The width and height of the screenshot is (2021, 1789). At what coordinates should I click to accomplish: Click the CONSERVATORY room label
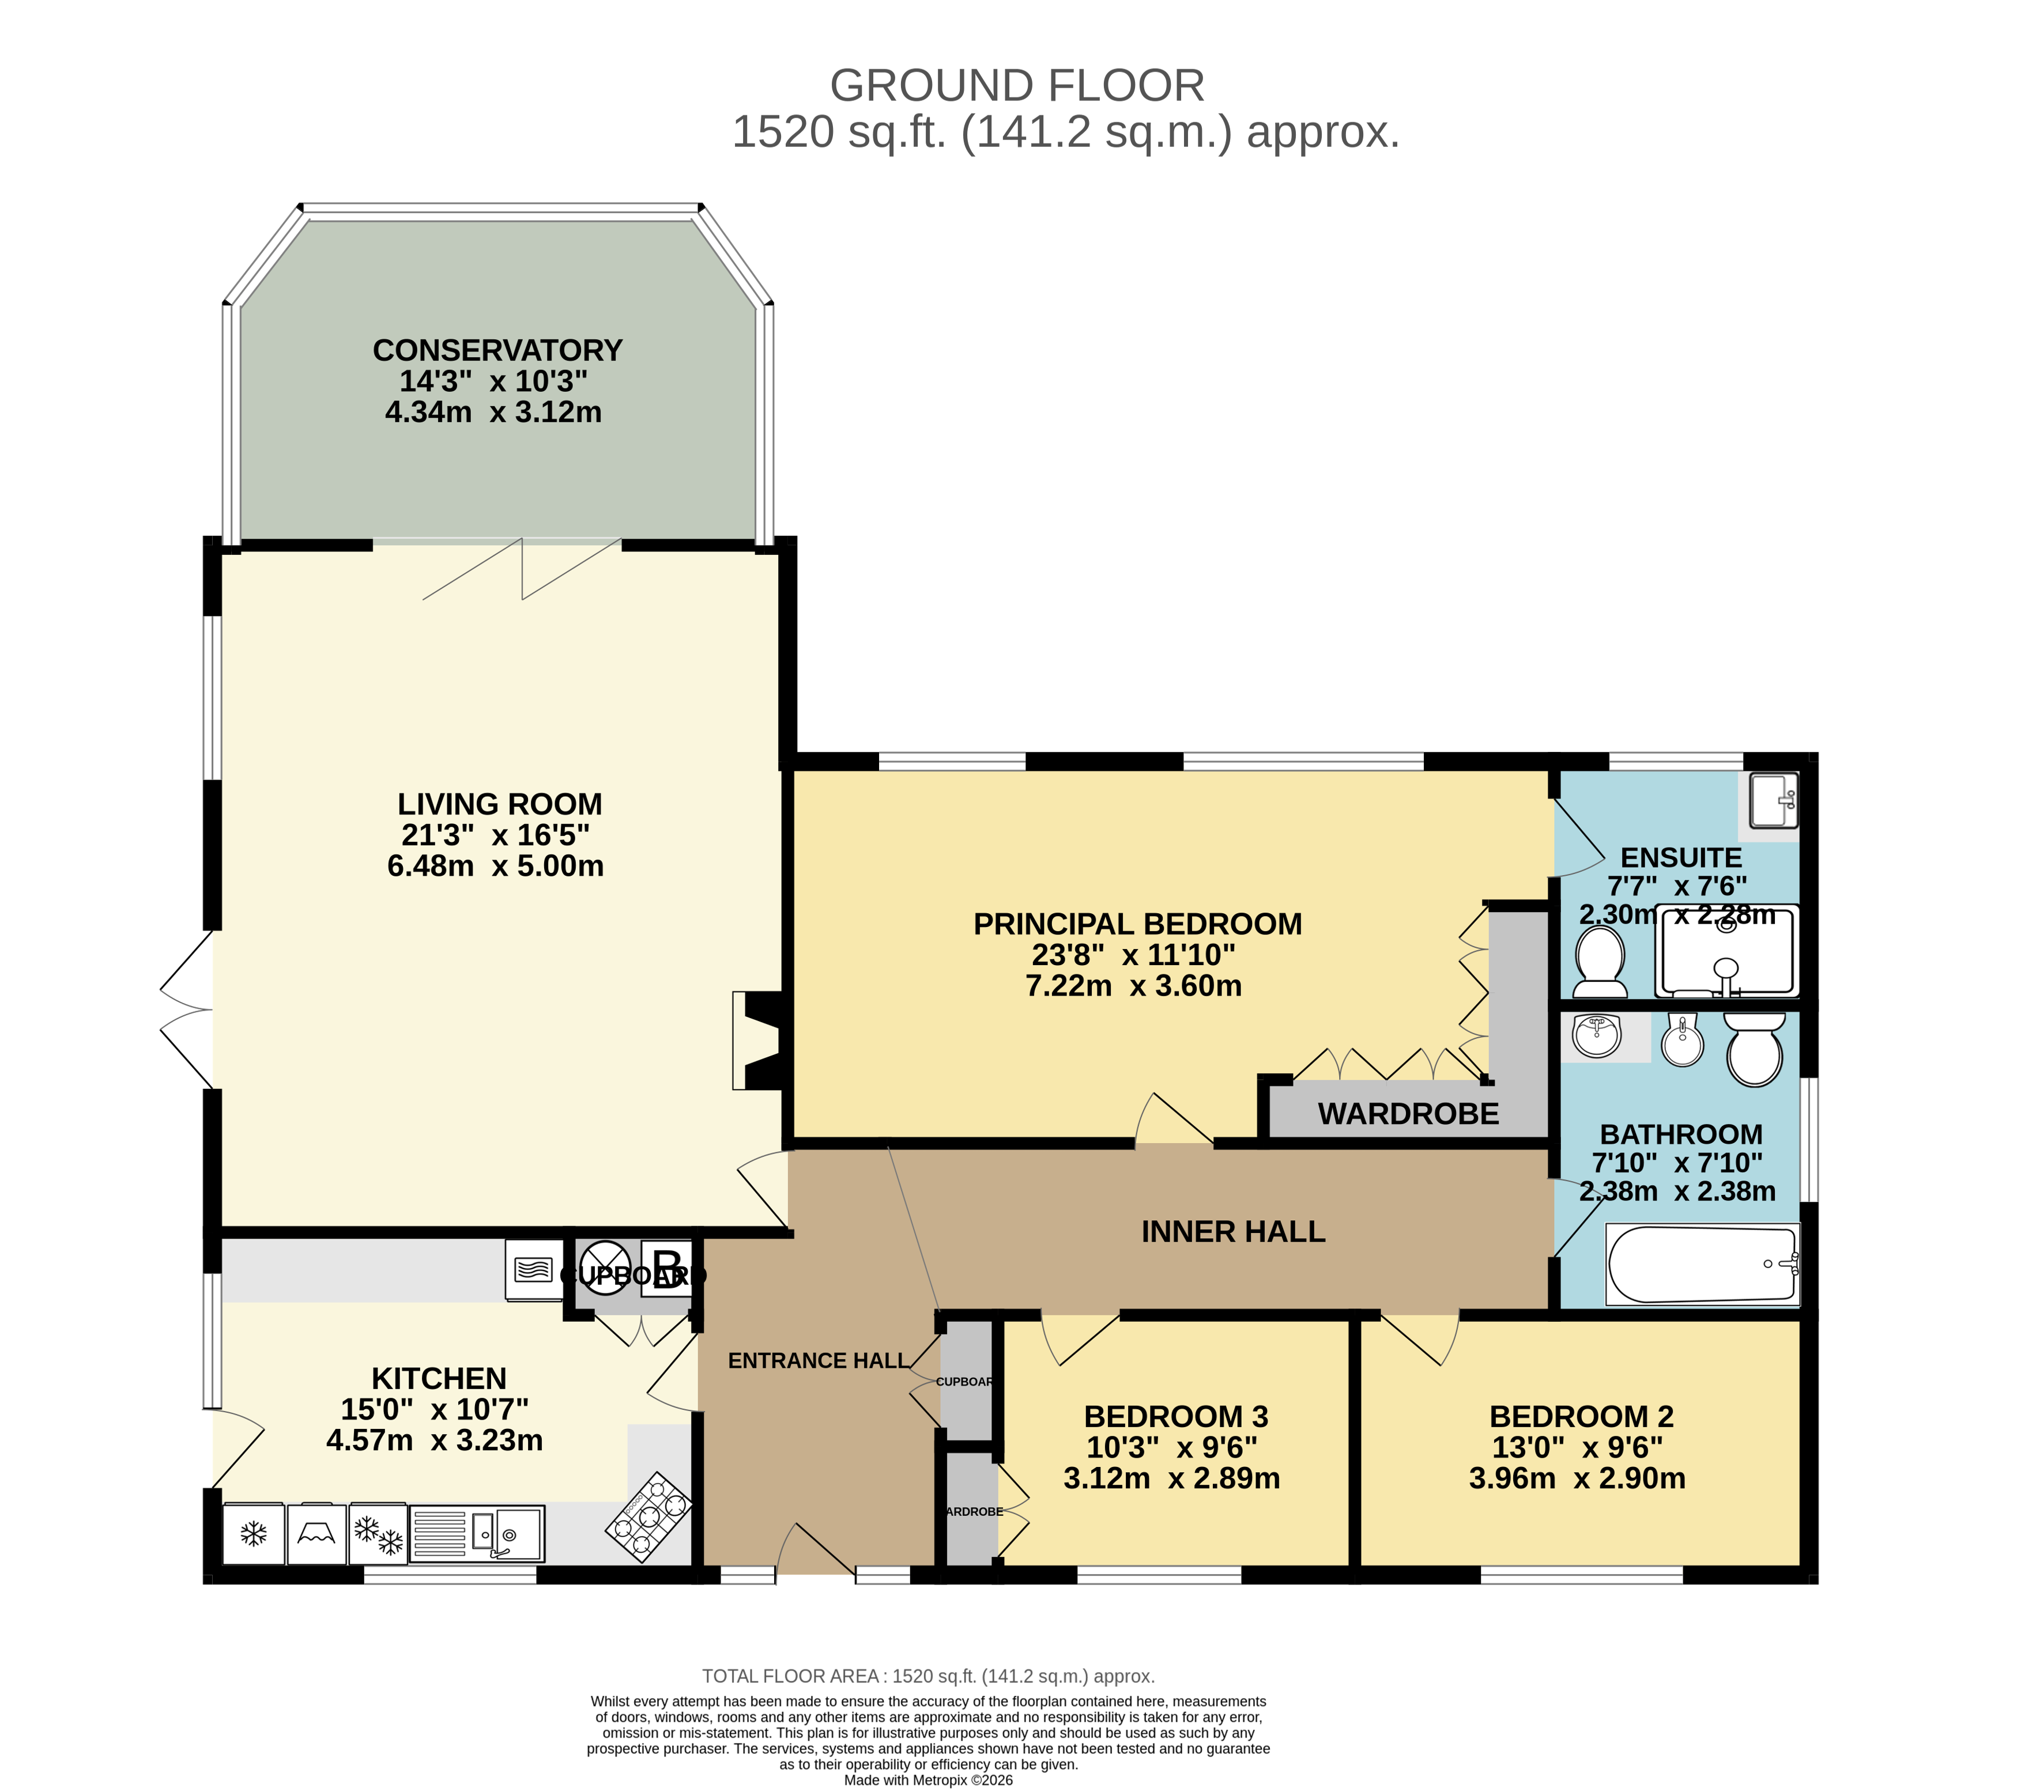coord(497,351)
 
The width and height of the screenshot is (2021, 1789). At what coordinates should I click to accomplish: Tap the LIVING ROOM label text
coord(499,804)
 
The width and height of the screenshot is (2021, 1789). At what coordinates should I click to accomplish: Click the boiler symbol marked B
coord(666,1267)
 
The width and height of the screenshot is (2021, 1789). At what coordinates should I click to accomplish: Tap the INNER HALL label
coord(1233,1231)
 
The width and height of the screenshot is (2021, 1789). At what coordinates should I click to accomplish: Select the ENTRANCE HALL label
coord(819,1361)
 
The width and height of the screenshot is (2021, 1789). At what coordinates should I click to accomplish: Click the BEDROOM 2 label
coord(1581,1416)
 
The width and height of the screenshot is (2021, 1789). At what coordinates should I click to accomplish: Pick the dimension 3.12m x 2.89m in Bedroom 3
coord(1172,1478)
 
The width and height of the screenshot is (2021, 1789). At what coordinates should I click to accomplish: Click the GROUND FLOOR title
coord(1016,86)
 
